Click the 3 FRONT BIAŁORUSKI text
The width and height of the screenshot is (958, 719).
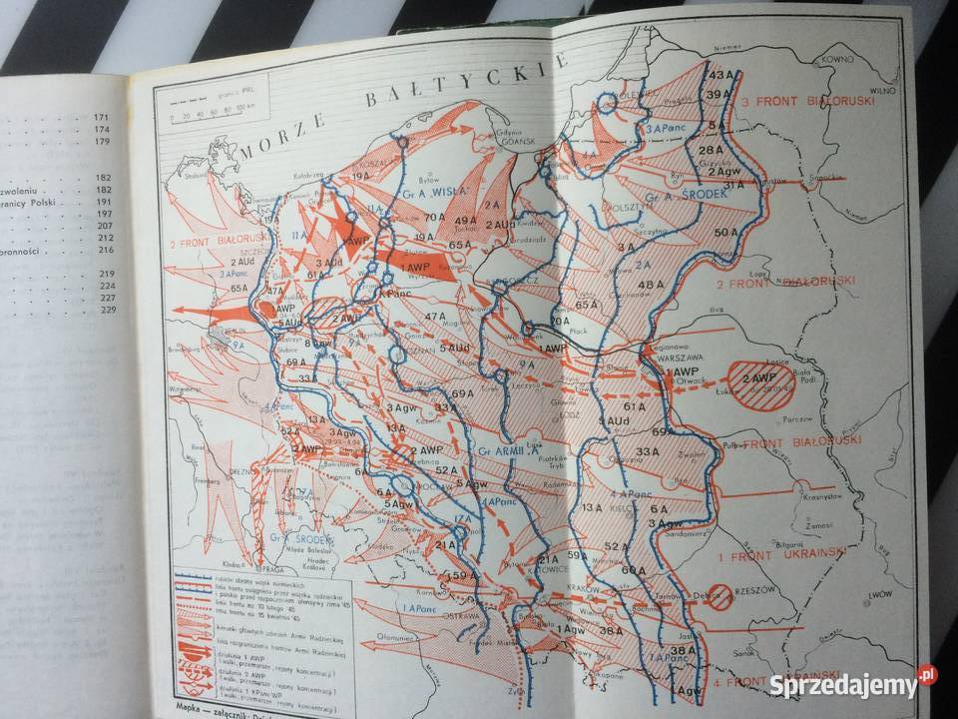pos(808,102)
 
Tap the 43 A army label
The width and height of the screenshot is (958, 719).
pos(720,75)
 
